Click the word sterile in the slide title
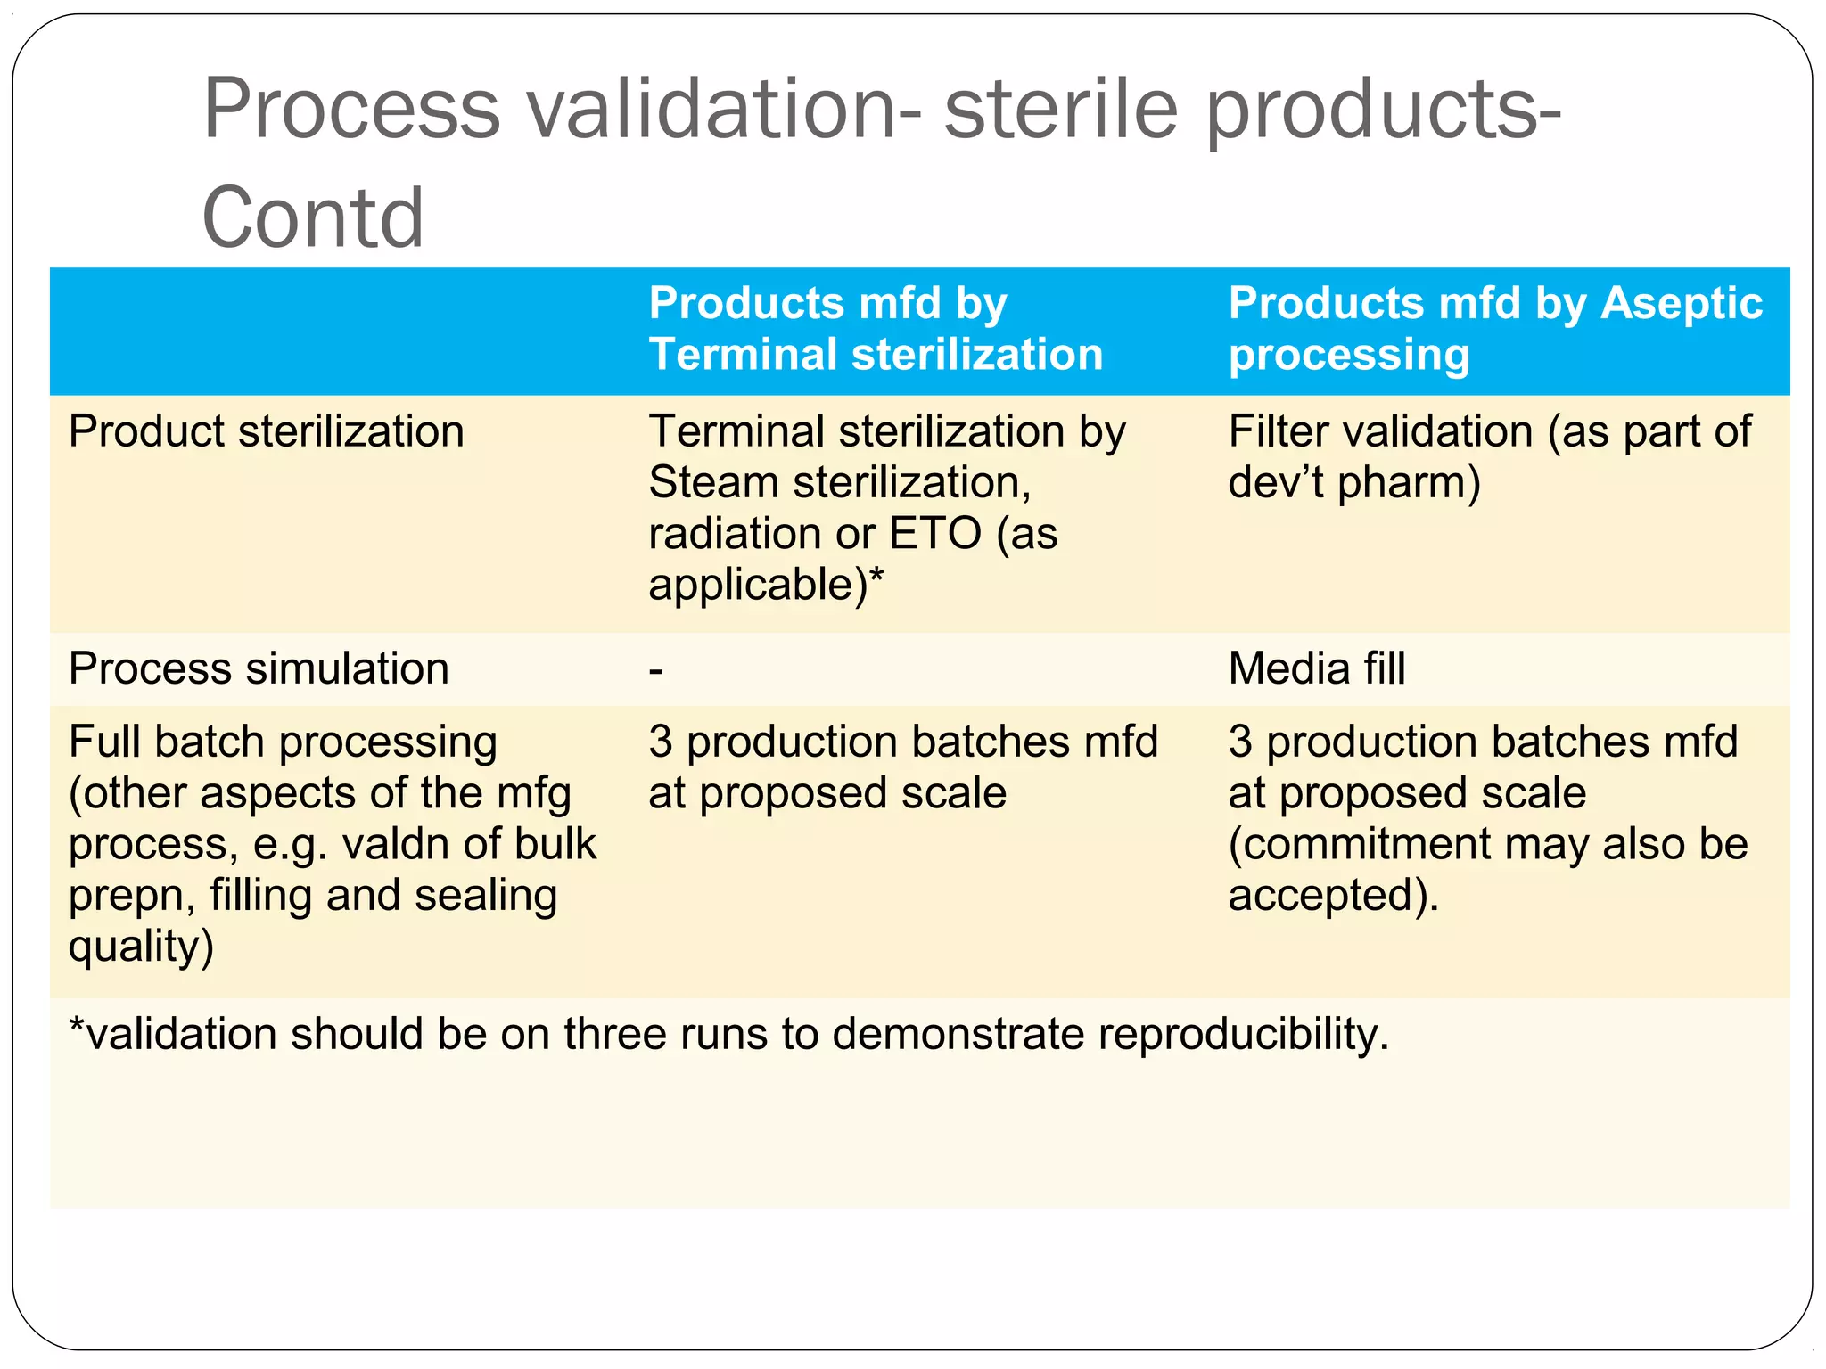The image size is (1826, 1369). (1061, 109)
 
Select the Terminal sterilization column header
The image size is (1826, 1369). (876, 329)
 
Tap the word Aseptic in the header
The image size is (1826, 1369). (1682, 303)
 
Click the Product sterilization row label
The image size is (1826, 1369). (266, 432)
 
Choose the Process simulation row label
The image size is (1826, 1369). (259, 668)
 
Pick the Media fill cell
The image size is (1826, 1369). (1316, 668)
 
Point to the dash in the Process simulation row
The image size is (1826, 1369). (656, 670)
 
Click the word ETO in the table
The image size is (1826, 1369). (935, 535)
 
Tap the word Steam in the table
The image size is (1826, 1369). (713, 483)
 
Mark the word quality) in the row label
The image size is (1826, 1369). (141, 947)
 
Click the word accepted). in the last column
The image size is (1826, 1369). (1334, 895)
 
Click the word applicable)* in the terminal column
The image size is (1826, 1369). (765, 586)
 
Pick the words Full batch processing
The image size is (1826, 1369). (283, 742)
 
